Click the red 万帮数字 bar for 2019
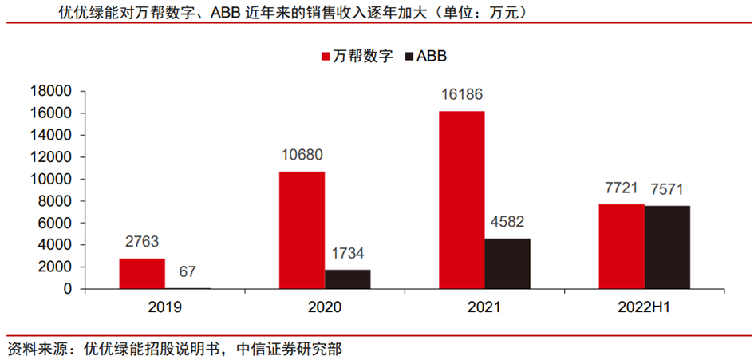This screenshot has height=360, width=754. pos(142,274)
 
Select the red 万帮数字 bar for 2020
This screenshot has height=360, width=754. pos(302,230)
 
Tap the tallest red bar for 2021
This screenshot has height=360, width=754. pos(461,200)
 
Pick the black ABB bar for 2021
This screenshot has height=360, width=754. pos(507,263)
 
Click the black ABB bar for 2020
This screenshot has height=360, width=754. pos(348,279)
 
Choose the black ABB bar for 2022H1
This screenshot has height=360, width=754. pos(667,247)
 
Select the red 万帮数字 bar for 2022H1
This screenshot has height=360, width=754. pos(621,246)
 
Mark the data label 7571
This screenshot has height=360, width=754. pos(668,191)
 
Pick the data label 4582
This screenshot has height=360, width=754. pos(507,223)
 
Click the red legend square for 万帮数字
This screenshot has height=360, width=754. pos(326,57)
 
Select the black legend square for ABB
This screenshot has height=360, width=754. pos(409,57)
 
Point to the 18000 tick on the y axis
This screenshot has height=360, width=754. pos(53,91)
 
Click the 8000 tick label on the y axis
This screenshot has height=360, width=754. pos(57,201)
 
